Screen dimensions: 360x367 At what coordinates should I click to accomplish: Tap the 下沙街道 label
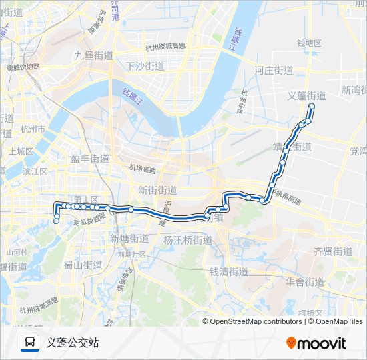pos(145,66)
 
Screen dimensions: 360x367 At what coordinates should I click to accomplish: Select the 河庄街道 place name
pos(274,70)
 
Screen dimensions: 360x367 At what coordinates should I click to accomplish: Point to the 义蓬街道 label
pos(306,95)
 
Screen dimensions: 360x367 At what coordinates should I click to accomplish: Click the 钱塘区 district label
pos(309,43)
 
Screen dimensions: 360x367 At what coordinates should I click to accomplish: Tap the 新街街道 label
pos(158,190)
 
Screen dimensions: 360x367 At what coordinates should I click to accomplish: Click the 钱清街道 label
pos(229,271)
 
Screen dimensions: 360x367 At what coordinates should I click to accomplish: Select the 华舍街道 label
pos(305,282)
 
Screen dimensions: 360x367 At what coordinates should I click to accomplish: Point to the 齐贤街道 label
pos(333,251)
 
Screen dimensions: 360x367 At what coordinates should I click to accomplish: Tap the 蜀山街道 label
pos(83,265)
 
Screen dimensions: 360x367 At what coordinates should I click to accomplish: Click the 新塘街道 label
pos(129,238)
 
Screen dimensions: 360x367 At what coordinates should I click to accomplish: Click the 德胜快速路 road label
pos(23,67)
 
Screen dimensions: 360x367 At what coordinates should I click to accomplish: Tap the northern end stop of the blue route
pos(312,106)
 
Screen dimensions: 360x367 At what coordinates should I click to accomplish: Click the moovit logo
pos(316,343)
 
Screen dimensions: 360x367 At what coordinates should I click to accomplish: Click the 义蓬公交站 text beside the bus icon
pos(73,343)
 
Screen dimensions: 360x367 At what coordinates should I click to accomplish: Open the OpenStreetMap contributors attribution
pos(256,321)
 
